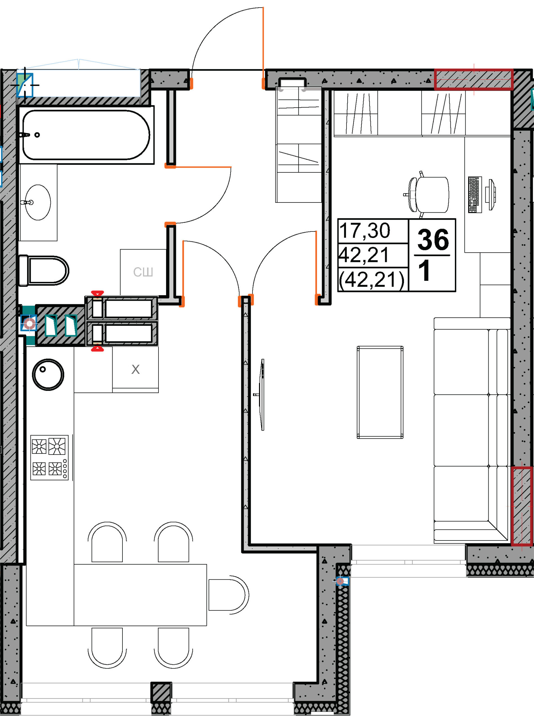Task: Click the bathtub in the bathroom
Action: pos(86,135)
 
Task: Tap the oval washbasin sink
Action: pos(38,202)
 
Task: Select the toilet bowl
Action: pos(44,271)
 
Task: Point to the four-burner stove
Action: pos(50,457)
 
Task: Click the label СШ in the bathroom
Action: pos(143,272)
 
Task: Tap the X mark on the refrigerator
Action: pos(135,369)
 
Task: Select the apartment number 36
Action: pos(433,240)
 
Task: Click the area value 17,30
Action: pos(365,231)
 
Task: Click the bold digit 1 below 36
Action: pos(425,270)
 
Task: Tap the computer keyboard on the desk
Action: pos(475,195)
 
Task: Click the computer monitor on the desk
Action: pos(492,195)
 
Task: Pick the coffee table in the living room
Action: pos(380,393)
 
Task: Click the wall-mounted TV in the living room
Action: pos(262,395)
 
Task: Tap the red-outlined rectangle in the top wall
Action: pos(473,79)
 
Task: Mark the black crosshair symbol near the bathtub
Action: pos(25,85)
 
